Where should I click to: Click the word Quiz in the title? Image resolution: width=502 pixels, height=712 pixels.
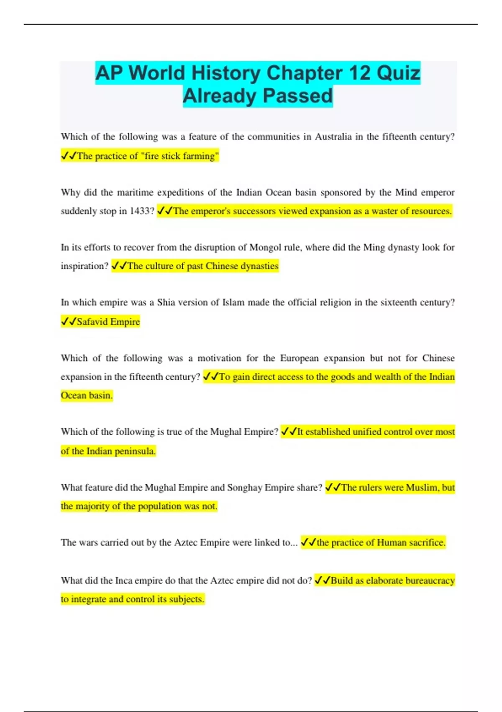click(398, 73)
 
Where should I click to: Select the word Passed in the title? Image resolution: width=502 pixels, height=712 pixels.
click(298, 96)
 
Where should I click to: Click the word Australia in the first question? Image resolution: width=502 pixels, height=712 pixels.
click(333, 137)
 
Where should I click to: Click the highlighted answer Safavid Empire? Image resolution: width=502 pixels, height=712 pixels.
click(108, 322)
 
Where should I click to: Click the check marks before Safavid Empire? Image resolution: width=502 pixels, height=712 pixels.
click(69, 322)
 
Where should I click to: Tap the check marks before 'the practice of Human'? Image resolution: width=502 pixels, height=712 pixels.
click(308, 543)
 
